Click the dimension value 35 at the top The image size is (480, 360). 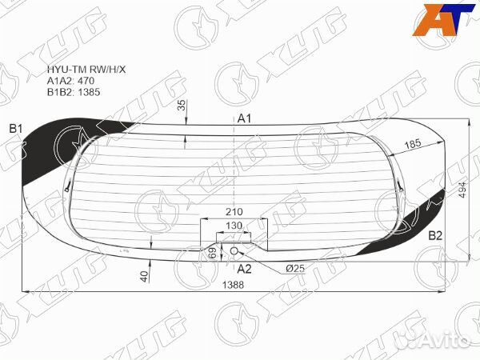(x=182, y=106)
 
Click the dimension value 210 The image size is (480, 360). (x=234, y=212)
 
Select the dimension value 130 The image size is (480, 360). (x=234, y=226)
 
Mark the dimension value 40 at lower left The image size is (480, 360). (x=144, y=276)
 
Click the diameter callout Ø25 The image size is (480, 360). (x=294, y=268)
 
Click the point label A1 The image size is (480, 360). (x=244, y=119)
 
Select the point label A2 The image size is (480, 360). (x=244, y=268)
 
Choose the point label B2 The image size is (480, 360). (x=435, y=235)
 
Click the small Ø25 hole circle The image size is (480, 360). (x=234, y=250)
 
